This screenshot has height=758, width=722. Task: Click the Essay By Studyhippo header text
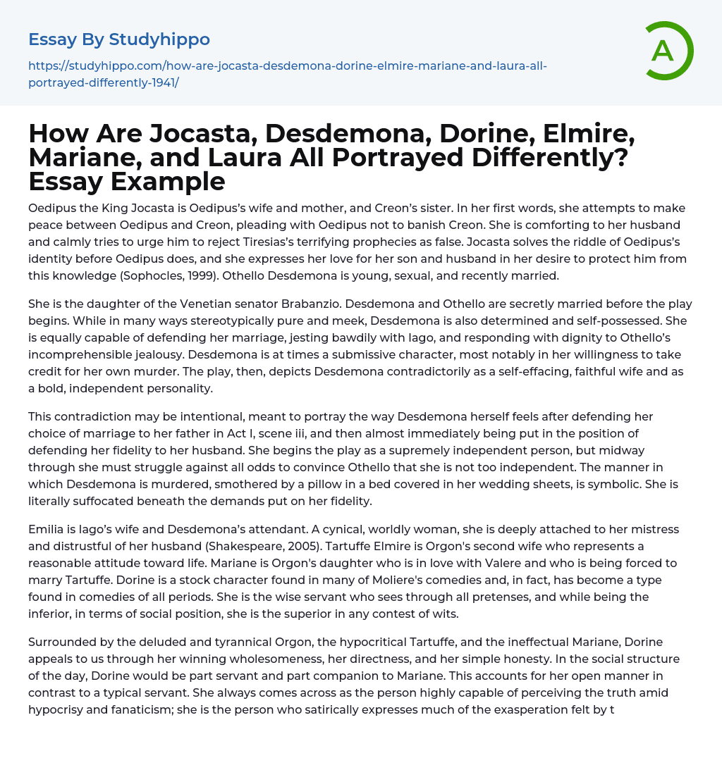[119, 39]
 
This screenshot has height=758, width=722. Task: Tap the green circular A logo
[663, 51]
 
